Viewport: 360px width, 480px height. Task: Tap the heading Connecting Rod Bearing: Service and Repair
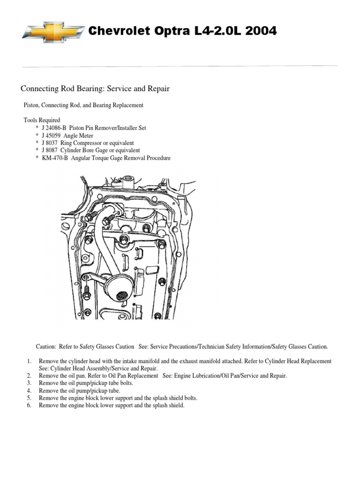pos(94,88)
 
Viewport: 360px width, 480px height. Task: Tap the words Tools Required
pos(42,120)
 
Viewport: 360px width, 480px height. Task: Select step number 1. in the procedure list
pos(29,361)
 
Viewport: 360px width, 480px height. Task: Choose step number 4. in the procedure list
pos(29,390)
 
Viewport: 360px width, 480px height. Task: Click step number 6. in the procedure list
pos(29,405)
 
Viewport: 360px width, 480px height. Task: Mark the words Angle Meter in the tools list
pos(76,135)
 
